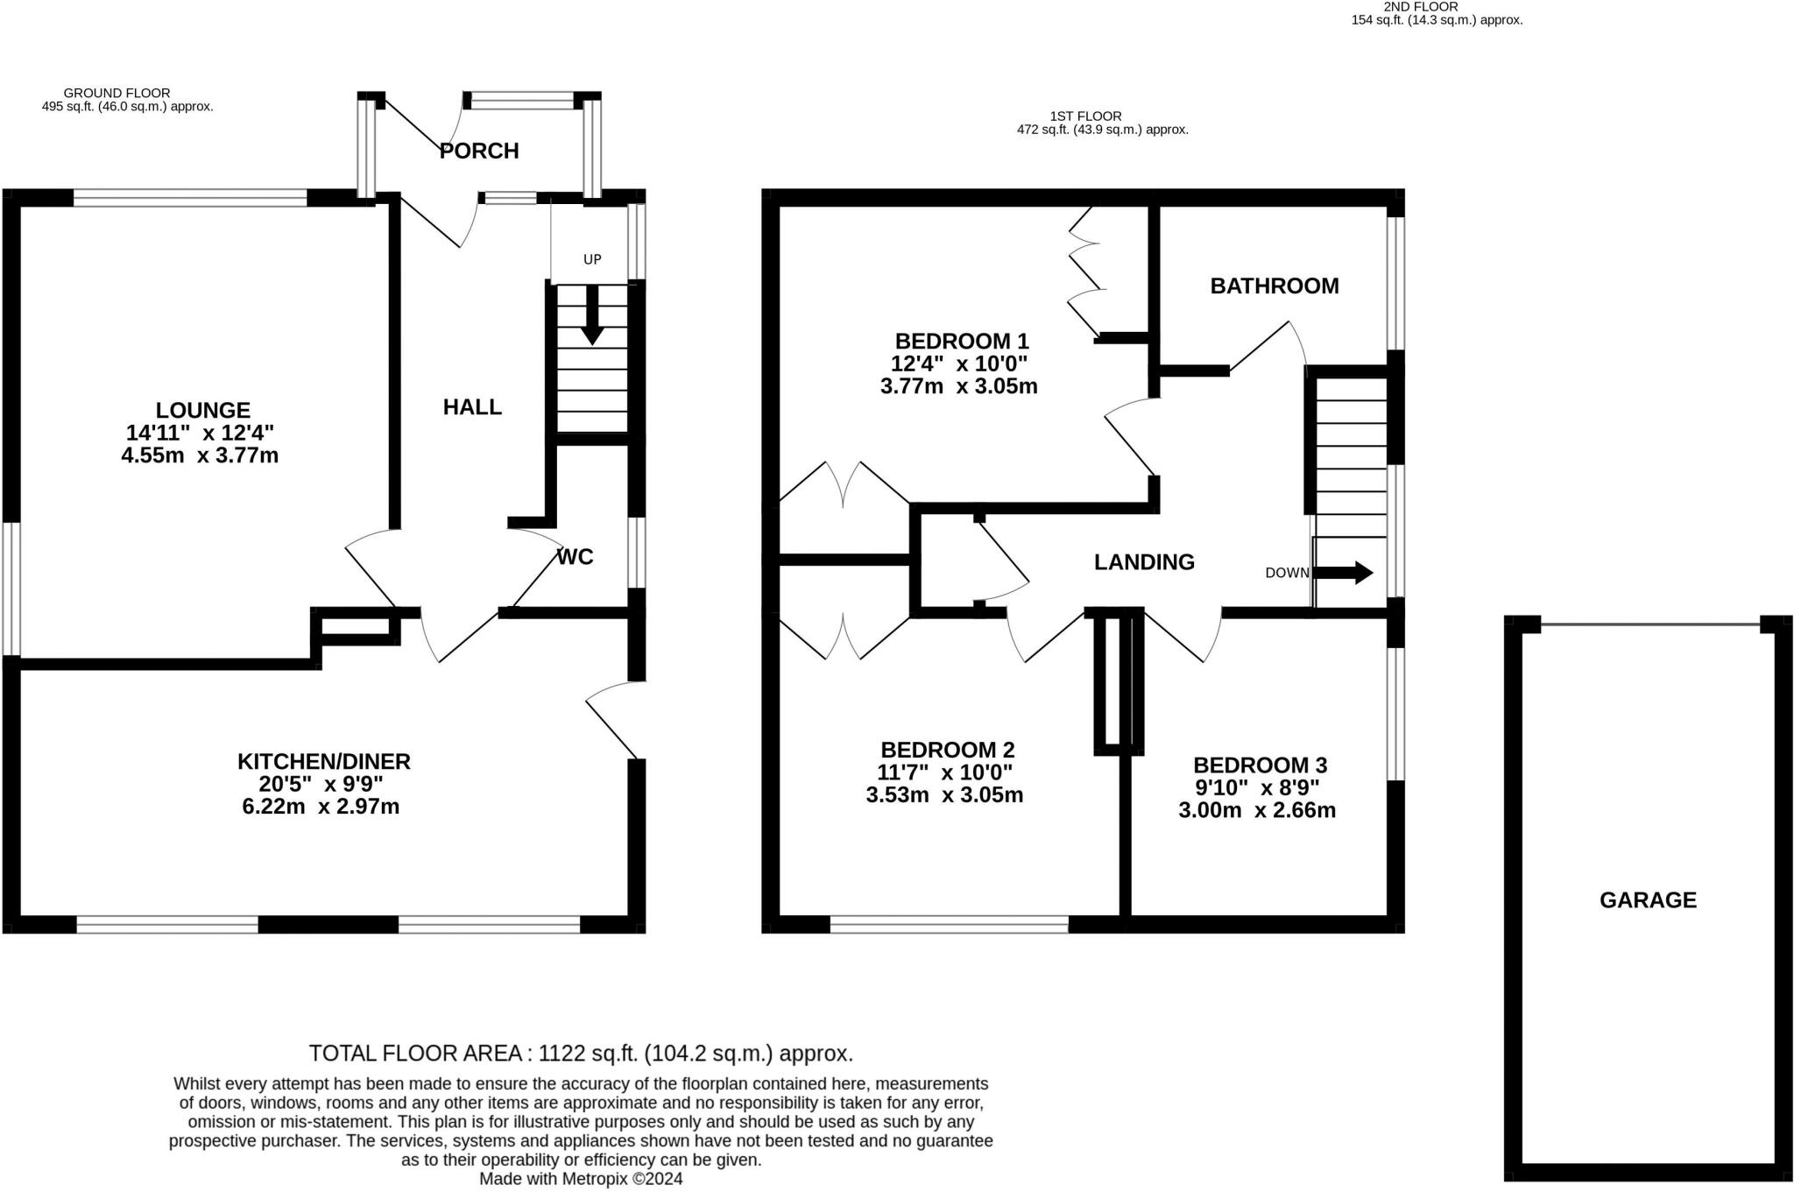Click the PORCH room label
click(x=479, y=152)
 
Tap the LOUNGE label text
click(x=202, y=410)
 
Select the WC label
click(x=576, y=557)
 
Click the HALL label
click(x=472, y=406)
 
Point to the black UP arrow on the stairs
click(x=592, y=315)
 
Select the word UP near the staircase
click(x=593, y=259)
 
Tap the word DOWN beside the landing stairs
click(x=1287, y=573)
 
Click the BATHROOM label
click(x=1274, y=286)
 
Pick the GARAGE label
click(x=1648, y=900)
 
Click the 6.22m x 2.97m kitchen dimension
click(x=321, y=807)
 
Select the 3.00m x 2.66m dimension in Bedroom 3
click(x=1257, y=810)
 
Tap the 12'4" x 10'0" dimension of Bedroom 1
click(x=959, y=363)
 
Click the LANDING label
click(x=1144, y=562)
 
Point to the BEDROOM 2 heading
click(x=947, y=750)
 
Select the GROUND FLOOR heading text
click(x=117, y=93)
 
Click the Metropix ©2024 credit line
click(x=580, y=1179)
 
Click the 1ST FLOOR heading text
click(x=1085, y=116)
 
